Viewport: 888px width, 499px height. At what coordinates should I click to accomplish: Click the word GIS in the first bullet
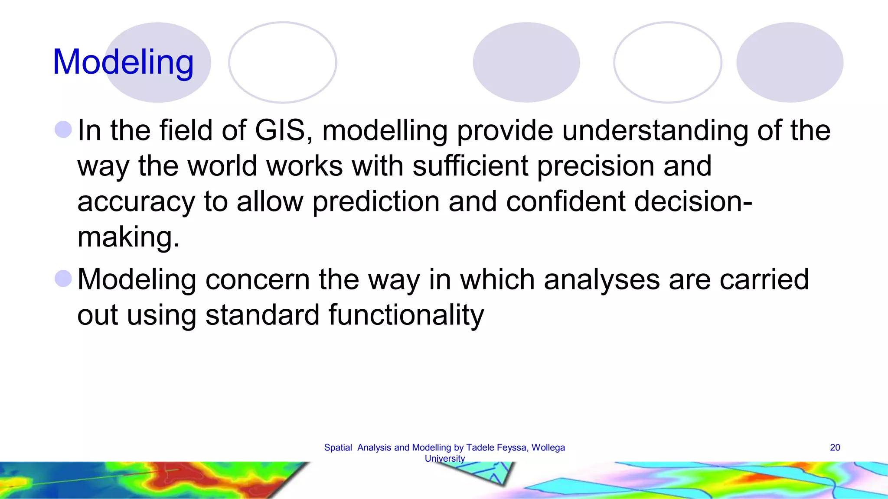click(280, 130)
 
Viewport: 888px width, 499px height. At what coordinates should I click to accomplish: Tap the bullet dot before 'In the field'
click(63, 130)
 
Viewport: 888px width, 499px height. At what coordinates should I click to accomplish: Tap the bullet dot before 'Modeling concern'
click(63, 279)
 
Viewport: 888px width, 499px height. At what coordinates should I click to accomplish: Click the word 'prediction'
click(376, 202)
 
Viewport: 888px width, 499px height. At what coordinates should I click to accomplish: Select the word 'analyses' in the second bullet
click(602, 279)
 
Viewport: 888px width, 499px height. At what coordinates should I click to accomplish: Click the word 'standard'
click(262, 315)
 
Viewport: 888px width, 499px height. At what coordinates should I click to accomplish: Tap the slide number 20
click(835, 447)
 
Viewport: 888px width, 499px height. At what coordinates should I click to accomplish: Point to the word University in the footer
click(444, 458)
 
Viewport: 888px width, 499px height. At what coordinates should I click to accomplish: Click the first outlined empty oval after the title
click(283, 62)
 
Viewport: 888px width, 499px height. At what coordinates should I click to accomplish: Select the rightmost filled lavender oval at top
click(790, 62)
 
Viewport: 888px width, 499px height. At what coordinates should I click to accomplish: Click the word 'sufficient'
click(470, 166)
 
